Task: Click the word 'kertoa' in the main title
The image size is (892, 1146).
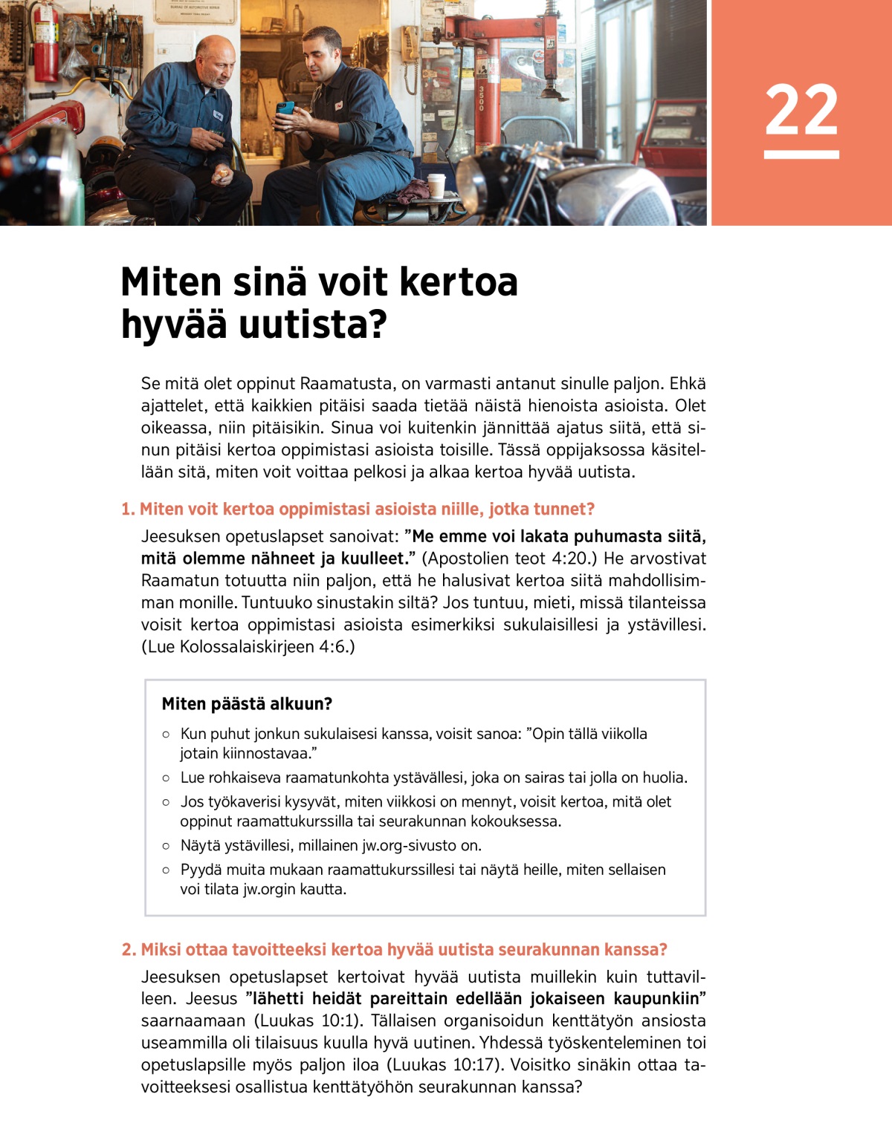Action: [x=458, y=282]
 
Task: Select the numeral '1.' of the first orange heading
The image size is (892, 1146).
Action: [x=128, y=509]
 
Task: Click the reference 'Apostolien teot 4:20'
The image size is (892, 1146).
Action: [x=508, y=559]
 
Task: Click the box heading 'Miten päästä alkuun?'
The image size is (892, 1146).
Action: [x=247, y=704]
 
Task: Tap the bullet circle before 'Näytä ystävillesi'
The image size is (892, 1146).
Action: [x=166, y=846]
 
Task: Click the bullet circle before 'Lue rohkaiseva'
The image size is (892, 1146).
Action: [x=166, y=778]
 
